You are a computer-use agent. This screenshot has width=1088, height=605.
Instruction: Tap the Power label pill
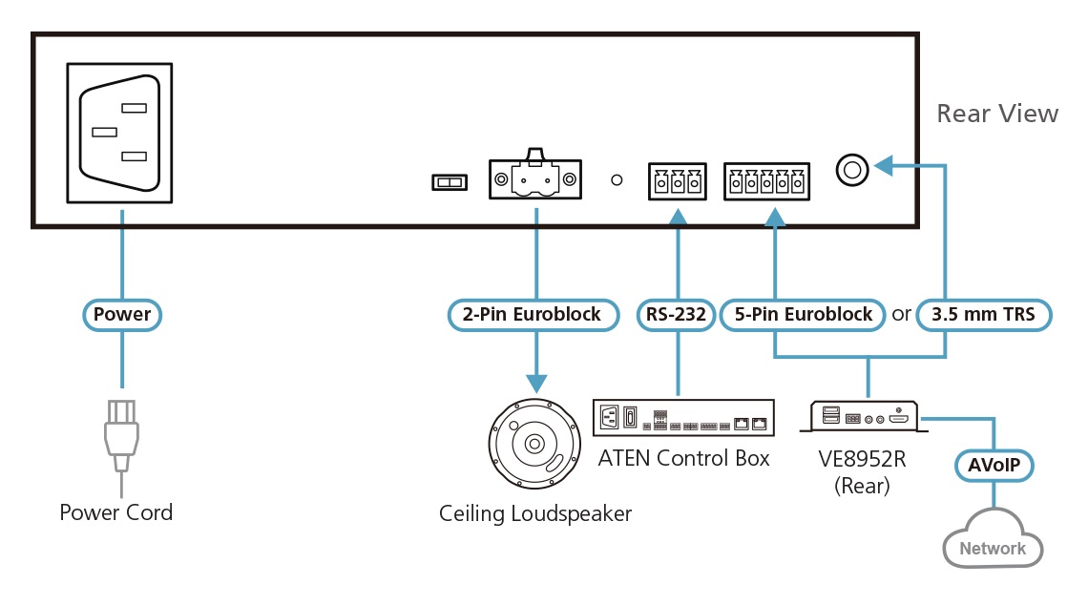click(122, 314)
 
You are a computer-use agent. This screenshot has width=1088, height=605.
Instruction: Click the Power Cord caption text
click(116, 513)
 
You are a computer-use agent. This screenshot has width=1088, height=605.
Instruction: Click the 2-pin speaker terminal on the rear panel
click(534, 177)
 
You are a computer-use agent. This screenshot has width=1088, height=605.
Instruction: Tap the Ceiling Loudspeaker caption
click(535, 514)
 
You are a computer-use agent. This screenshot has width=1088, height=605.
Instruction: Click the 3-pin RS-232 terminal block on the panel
click(678, 180)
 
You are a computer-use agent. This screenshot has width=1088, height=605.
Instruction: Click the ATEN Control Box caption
click(683, 458)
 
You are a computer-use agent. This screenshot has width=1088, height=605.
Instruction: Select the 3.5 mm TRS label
click(984, 314)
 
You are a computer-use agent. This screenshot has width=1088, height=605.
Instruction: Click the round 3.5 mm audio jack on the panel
click(851, 171)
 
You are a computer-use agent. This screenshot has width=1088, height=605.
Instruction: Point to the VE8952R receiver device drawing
click(866, 418)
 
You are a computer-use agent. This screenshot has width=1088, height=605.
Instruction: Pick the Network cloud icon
click(993, 540)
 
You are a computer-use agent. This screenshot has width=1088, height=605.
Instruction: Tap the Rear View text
click(997, 115)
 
